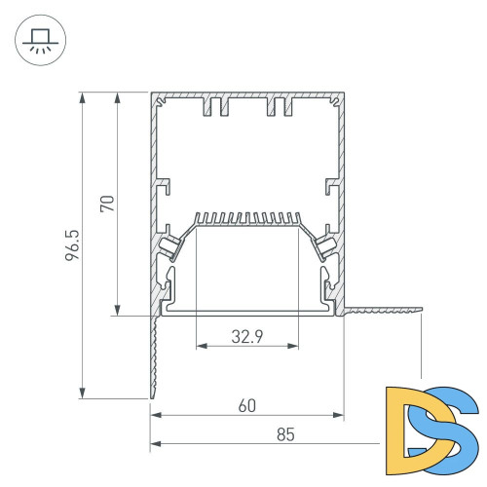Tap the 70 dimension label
click(108, 204)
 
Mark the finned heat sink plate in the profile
click(246, 219)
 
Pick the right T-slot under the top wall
click(280, 105)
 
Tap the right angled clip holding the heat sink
click(324, 243)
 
